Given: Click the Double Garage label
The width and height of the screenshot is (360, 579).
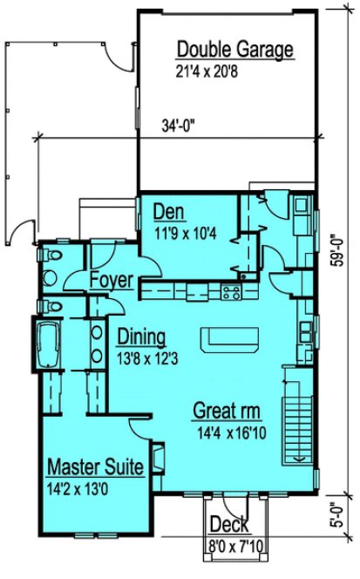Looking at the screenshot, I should tap(234, 49).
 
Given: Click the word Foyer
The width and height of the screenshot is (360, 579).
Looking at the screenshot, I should tap(112, 281).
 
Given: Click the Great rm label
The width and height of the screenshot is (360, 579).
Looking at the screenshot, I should tap(228, 409).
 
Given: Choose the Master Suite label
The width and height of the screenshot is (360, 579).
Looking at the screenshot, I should tap(95, 467).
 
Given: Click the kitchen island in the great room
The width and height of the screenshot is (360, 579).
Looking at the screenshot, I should tap(231, 337).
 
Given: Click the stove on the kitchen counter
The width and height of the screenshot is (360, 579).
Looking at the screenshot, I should tap(231, 291).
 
